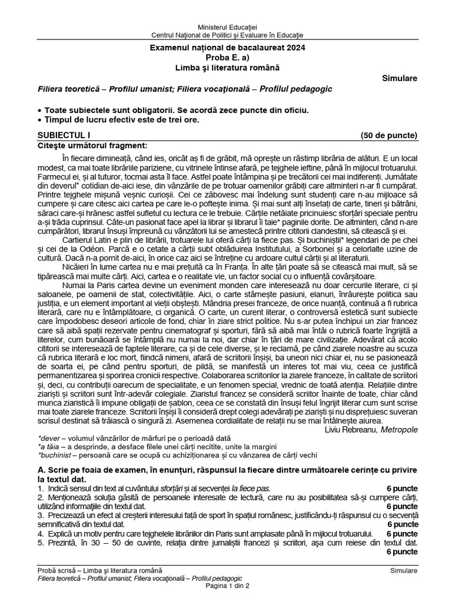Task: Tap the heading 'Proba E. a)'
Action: [x=227, y=57]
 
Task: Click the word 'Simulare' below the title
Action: [x=400, y=78]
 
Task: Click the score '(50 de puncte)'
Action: [x=389, y=135]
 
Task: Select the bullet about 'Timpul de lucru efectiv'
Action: [x=118, y=120]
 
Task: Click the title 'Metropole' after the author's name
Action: [x=400, y=430]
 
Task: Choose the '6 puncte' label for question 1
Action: [x=402, y=489]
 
